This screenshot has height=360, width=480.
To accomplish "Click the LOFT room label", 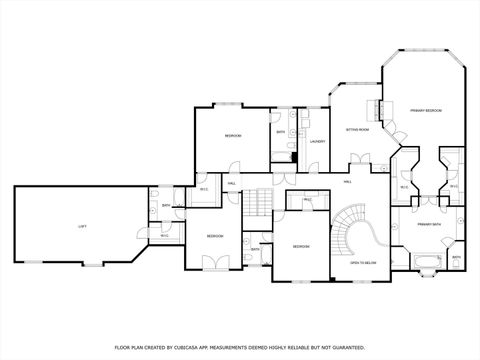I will click(x=82, y=227).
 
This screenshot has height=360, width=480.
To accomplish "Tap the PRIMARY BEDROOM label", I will click(x=425, y=110).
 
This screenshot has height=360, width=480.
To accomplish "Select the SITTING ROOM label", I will click(x=357, y=130).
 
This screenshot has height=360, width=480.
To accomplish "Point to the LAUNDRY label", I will click(x=317, y=142).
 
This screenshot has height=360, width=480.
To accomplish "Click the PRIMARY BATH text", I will click(x=429, y=225).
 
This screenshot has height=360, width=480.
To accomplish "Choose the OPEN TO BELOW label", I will click(x=362, y=263).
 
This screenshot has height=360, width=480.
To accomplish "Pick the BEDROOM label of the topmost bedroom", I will click(x=232, y=135).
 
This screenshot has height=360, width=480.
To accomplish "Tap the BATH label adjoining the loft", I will click(x=166, y=206).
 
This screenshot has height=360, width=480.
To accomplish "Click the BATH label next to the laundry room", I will click(x=281, y=132).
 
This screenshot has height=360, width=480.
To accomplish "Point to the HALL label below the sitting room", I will click(x=348, y=182).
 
